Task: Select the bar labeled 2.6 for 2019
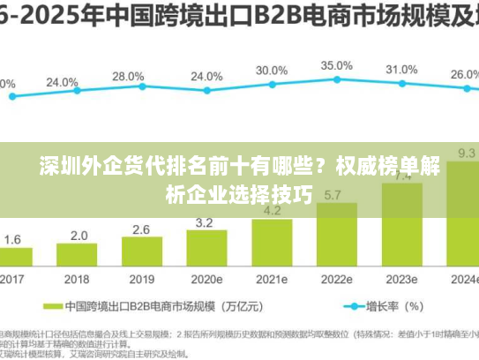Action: click(x=141, y=252)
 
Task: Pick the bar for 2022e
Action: click(x=334, y=234)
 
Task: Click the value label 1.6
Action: click(x=13, y=239)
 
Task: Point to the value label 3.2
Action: click(x=204, y=222)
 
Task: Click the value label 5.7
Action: click(x=334, y=195)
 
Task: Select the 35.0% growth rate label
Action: click(x=336, y=65)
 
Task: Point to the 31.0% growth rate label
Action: click(x=401, y=69)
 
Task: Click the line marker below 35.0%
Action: click(x=336, y=81)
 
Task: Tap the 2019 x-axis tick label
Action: click(x=141, y=278)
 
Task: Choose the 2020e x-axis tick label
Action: click(x=206, y=278)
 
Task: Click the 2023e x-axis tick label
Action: click(x=400, y=278)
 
